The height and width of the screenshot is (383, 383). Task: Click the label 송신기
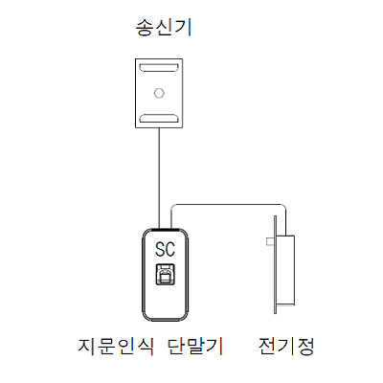click(164, 28)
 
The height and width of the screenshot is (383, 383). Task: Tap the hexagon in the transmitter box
click(159, 93)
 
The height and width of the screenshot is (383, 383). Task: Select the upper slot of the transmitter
click(159, 67)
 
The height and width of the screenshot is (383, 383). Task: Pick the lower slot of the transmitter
click(159, 118)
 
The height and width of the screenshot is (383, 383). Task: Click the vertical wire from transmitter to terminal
click(159, 178)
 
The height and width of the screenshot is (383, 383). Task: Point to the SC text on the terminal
click(165, 249)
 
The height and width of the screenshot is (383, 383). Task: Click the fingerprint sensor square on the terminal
click(165, 274)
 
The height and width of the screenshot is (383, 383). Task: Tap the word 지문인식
click(116, 346)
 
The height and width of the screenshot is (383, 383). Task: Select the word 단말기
click(195, 346)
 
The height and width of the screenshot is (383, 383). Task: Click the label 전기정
click(286, 346)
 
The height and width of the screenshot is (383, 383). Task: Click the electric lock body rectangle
click(285, 269)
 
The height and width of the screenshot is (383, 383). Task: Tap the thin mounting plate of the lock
click(275, 264)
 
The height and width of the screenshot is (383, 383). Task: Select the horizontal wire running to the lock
click(229, 204)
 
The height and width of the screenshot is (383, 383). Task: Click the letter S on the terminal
click(160, 249)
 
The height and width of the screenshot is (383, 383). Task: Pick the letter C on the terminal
click(170, 249)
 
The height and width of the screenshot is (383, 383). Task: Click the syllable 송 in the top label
click(146, 28)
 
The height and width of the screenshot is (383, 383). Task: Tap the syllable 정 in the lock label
click(305, 346)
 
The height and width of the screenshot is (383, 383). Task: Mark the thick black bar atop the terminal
click(165, 229)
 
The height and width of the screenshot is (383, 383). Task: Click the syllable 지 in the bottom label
click(87, 346)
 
